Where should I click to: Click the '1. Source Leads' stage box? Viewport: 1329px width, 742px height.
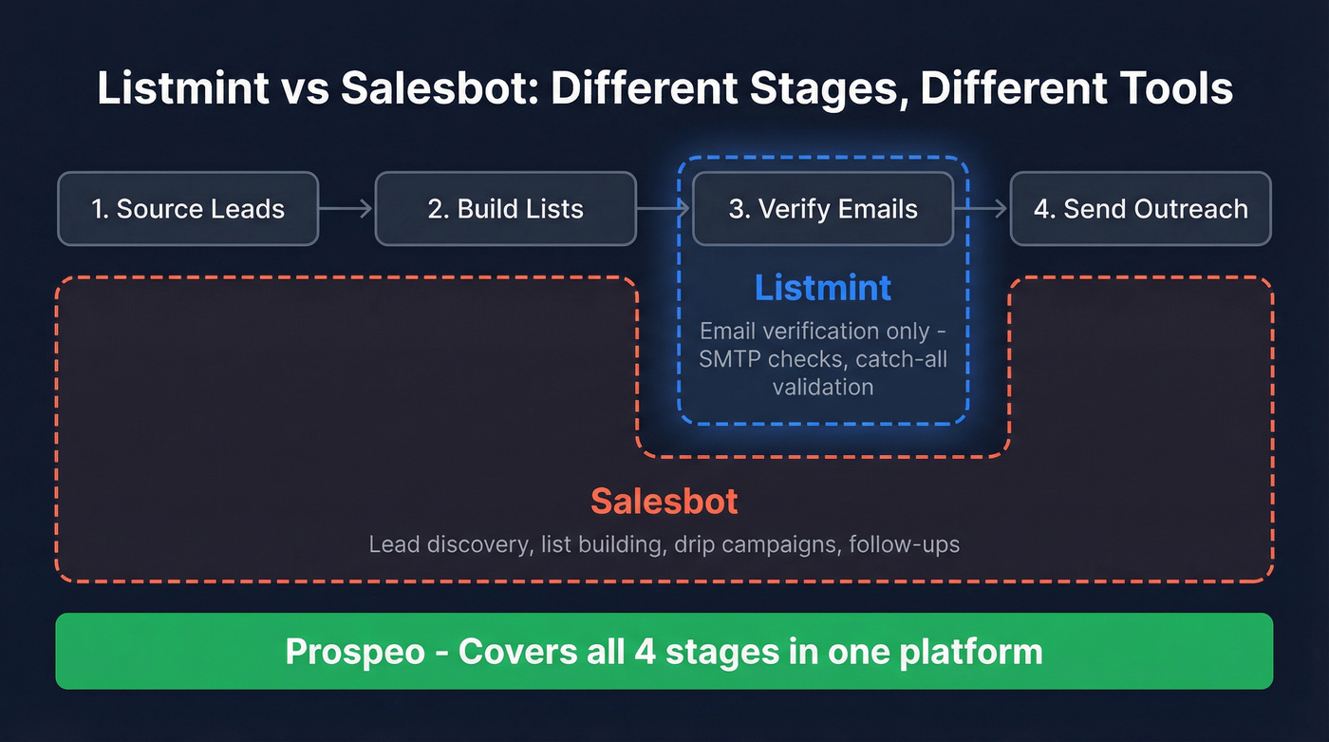[188, 209]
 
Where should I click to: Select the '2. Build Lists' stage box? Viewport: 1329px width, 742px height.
[505, 209]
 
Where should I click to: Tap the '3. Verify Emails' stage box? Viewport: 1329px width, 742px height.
[823, 209]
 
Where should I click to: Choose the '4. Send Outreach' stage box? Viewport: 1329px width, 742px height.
[1140, 209]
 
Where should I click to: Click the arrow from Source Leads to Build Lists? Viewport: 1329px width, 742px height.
[346, 209]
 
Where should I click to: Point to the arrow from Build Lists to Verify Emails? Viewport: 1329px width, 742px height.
[664, 209]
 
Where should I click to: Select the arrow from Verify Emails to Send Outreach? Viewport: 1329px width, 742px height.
[982, 209]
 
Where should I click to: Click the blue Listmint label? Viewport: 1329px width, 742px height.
[823, 287]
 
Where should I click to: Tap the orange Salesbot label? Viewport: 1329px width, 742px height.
[664, 501]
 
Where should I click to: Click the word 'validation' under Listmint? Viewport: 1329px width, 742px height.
[823, 387]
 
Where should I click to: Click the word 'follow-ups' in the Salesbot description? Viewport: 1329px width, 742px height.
[905, 544]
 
